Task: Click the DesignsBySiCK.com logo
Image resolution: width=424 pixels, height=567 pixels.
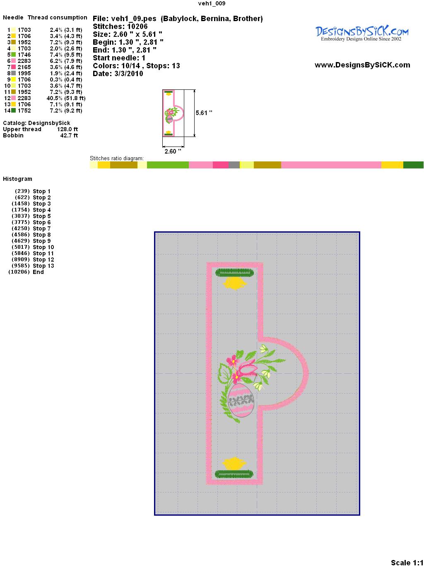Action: [x=362, y=34]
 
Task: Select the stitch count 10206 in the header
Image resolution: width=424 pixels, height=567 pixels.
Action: [x=137, y=26]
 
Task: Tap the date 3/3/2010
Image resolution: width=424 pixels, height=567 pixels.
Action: [x=128, y=74]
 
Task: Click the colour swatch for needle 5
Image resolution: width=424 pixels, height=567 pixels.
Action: [x=13, y=55]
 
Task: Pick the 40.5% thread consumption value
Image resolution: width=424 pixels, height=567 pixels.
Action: [x=55, y=98]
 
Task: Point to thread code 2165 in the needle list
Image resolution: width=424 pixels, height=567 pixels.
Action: [x=24, y=67]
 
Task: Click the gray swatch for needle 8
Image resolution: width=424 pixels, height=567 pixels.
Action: [x=13, y=73]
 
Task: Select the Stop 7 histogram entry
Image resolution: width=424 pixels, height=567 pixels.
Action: [x=41, y=228]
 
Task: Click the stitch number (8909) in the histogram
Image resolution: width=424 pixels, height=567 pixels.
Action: [x=21, y=259]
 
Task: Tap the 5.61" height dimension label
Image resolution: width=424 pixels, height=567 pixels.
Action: [x=204, y=113]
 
